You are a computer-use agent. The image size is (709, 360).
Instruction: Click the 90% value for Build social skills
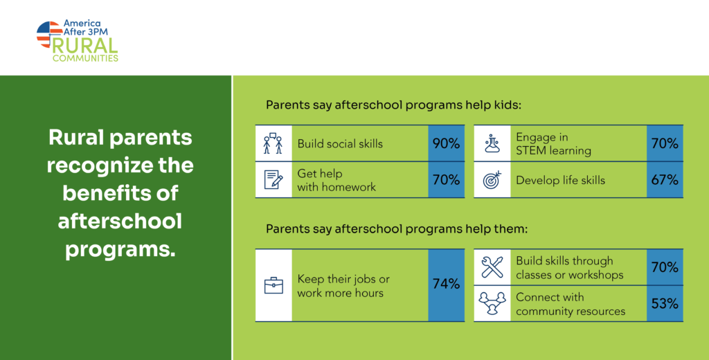pyautogui.click(x=446, y=144)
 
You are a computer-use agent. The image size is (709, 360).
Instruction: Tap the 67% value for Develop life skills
pyautogui.click(x=665, y=180)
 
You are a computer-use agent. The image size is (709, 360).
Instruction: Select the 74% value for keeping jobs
pyautogui.click(x=446, y=285)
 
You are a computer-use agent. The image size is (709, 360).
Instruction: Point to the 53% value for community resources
pyautogui.click(x=665, y=303)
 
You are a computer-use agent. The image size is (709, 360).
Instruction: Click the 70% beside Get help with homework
pyautogui.click(x=446, y=180)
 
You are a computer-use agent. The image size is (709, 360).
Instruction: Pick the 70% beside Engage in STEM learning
pyautogui.click(x=665, y=144)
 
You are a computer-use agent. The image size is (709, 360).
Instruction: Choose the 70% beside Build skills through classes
pyautogui.click(x=665, y=267)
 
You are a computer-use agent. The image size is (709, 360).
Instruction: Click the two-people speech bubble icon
pyautogui.click(x=273, y=143)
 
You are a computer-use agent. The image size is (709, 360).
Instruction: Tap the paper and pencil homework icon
pyautogui.click(x=273, y=180)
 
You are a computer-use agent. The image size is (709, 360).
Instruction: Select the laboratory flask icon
pyautogui.click(x=492, y=143)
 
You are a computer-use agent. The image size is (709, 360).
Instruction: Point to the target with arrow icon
pyautogui.click(x=492, y=179)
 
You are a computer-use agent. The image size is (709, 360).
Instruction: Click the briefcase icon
pyautogui.click(x=273, y=285)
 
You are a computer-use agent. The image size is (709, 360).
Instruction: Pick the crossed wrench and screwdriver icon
pyautogui.click(x=492, y=267)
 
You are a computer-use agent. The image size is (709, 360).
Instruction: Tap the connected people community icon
pyautogui.click(x=492, y=303)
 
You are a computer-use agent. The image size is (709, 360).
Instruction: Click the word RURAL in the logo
pyautogui.click(x=85, y=46)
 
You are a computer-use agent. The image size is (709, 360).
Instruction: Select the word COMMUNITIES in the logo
pyautogui.click(x=85, y=58)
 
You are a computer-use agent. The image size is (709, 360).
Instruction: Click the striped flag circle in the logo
pyautogui.click(x=49, y=35)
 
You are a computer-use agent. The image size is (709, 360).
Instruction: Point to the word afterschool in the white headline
pyautogui.click(x=120, y=222)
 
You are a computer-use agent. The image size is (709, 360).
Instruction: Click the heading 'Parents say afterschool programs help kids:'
pyautogui.click(x=393, y=106)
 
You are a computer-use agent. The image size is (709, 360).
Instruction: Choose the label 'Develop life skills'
pyautogui.click(x=560, y=180)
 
